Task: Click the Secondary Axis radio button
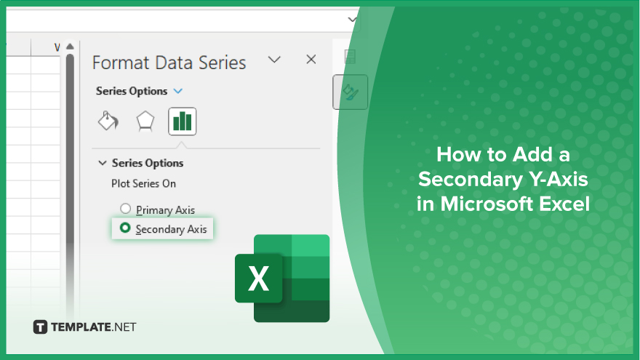click(125, 228)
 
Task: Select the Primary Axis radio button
click(125, 209)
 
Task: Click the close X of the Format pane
click(311, 60)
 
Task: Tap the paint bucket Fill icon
click(108, 121)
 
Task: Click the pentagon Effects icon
click(145, 121)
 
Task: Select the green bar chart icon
click(182, 121)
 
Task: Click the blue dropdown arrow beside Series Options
click(178, 91)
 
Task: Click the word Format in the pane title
click(121, 63)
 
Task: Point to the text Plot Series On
click(144, 184)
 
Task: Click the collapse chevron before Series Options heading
click(103, 163)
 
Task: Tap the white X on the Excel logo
click(258, 279)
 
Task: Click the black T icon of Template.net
click(40, 327)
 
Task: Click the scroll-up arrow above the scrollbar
click(71, 47)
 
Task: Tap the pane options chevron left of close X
click(274, 60)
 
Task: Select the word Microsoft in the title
click(487, 204)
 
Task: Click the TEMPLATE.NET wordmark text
click(94, 327)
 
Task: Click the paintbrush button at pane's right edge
click(351, 92)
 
